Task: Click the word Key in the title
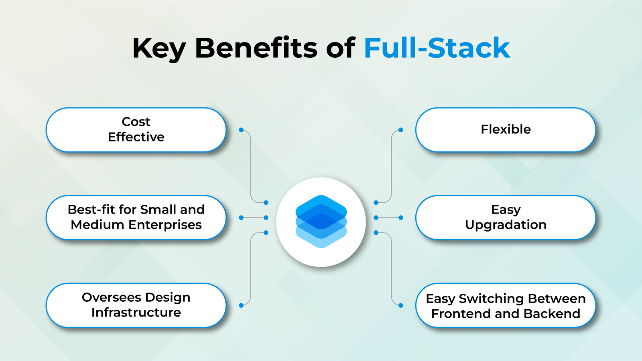(158, 48)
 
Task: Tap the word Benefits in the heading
(256, 48)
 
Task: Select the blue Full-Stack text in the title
(437, 48)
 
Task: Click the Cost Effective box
(136, 129)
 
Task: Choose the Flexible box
(506, 129)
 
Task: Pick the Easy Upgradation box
(506, 217)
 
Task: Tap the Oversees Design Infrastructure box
(136, 305)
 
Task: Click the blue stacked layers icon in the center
(321, 222)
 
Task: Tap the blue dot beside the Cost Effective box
(241, 130)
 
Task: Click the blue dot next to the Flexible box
(400, 130)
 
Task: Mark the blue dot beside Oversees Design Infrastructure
(241, 305)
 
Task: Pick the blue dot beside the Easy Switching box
(400, 305)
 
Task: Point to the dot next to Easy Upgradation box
(400, 218)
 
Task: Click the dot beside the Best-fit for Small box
(241, 218)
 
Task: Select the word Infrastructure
(136, 313)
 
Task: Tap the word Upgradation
(506, 225)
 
